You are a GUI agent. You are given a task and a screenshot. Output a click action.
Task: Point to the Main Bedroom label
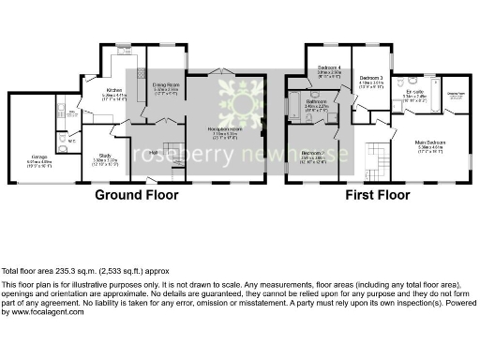430,142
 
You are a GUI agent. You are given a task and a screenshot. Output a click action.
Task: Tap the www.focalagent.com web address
35,310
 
